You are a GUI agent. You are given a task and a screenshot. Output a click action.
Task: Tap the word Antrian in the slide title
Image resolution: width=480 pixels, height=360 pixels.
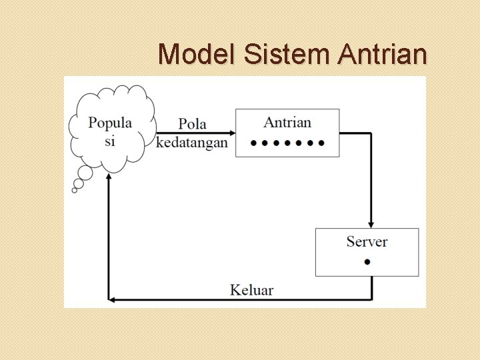click(382, 53)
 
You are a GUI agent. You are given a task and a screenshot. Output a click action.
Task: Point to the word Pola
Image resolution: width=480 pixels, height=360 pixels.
click(192, 124)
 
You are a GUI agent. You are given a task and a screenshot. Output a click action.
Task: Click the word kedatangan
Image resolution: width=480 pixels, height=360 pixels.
click(191, 143)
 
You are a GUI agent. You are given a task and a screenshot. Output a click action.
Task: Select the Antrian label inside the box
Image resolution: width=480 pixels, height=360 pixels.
click(287, 122)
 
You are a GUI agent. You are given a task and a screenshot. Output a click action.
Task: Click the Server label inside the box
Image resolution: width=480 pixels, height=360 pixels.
click(367, 241)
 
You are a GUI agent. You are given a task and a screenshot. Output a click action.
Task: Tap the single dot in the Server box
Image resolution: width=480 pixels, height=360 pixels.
click(367, 261)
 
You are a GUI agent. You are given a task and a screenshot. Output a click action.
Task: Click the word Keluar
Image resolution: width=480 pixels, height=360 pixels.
click(252, 289)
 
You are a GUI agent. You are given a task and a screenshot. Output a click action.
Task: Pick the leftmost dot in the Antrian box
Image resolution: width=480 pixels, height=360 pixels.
click(253, 143)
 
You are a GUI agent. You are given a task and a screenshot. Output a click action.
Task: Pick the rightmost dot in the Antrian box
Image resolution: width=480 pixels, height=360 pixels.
click(323, 143)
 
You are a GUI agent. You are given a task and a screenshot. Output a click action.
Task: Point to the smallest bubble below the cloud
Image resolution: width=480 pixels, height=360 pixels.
click(75, 190)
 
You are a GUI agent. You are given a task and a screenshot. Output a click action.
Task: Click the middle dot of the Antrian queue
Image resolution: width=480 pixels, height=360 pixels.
click(288, 143)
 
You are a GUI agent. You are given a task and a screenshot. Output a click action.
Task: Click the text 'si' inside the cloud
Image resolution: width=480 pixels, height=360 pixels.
click(110, 141)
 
